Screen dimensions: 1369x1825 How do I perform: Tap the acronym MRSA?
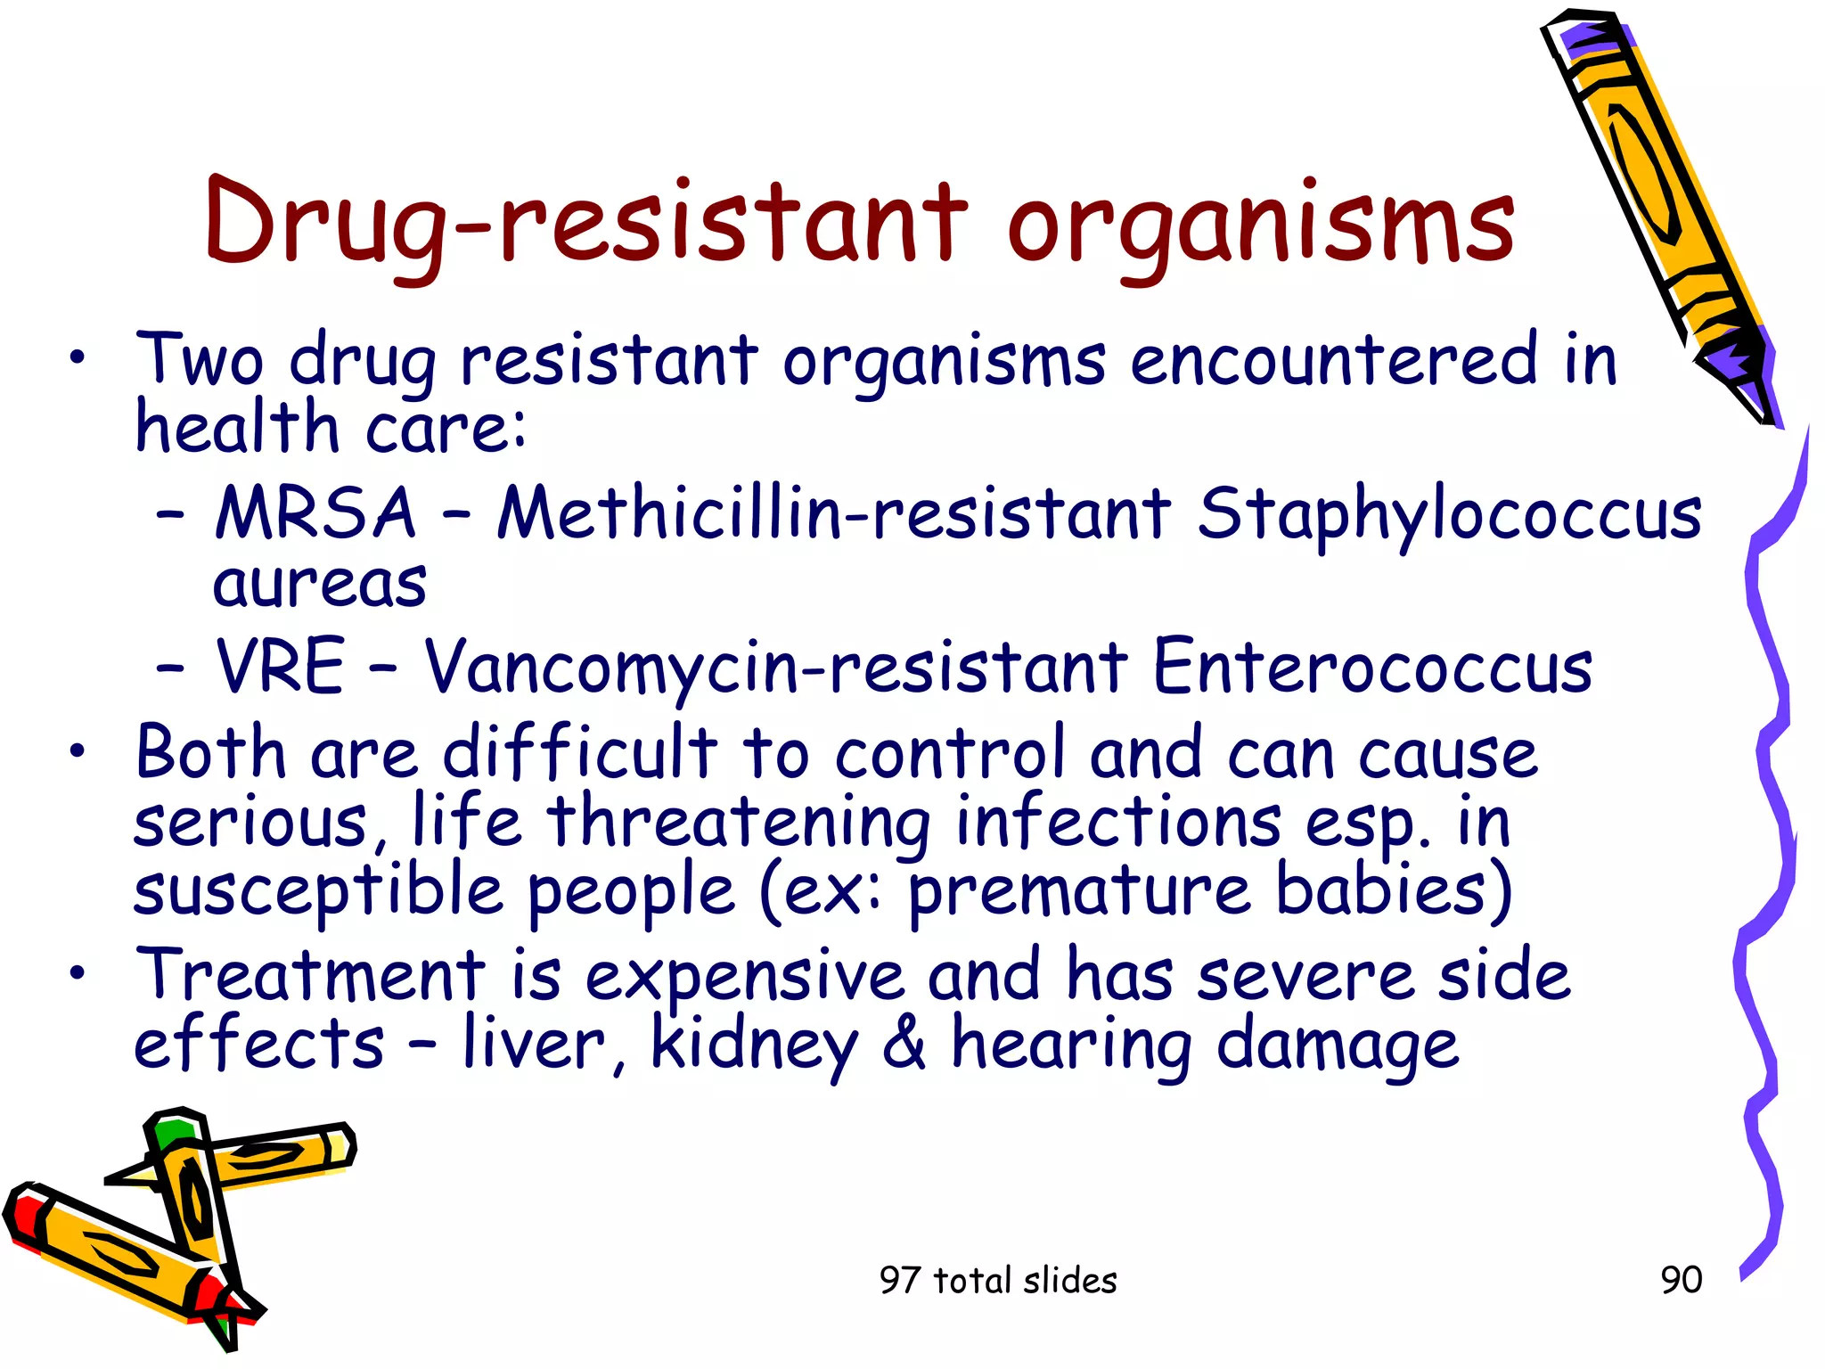click(x=315, y=513)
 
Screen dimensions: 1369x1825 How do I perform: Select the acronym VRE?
click(x=280, y=666)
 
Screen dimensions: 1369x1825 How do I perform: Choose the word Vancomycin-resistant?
click(x=775, y=668)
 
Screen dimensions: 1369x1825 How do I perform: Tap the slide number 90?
click(x=1682, y=1280)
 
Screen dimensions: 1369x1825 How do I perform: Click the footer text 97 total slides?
click(x=998, y=1281)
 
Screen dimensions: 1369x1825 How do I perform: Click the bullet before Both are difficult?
click(x=79, y=751)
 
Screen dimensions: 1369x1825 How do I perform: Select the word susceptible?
click(x=318, y=890)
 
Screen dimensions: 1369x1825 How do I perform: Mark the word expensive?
click(x=744, y=976)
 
